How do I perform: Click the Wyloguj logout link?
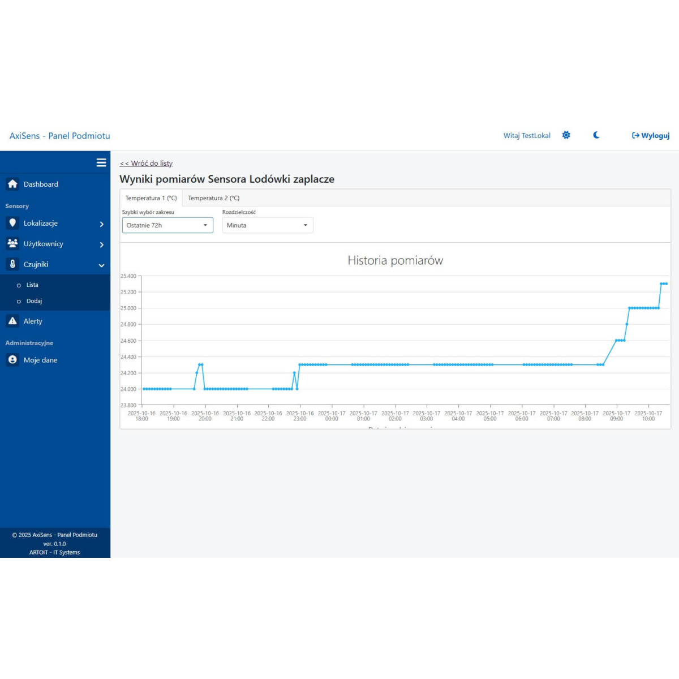(651, 136)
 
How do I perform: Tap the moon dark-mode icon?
(596, 135)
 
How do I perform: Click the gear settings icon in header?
(566, 135)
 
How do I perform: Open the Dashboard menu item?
(41, 184)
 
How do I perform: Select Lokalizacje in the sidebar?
(41, 224)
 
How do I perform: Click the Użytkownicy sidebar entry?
(44, 244)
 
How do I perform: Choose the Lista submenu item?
(32, 285)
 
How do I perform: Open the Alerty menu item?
(33, 321)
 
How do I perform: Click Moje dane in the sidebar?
(40, 360)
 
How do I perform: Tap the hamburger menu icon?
(101, 163)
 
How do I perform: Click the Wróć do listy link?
(146, 164)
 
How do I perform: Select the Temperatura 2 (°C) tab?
(214, 198)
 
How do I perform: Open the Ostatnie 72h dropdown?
(167, 225)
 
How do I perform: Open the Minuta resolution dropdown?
(267, 225)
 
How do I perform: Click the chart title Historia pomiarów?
(395, 260)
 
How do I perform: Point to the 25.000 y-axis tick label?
(128, 308)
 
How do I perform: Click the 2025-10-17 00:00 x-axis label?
(332, 416)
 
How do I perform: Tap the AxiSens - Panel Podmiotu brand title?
(60, 136)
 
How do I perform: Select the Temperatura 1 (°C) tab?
(151, 198)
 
